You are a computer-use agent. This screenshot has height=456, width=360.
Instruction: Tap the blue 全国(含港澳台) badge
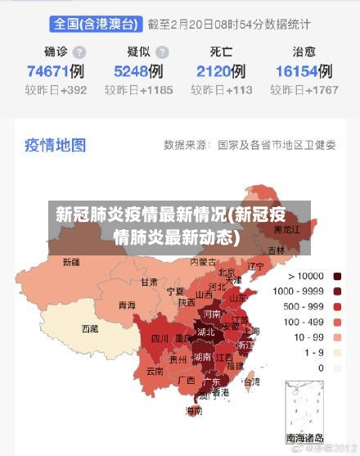96,25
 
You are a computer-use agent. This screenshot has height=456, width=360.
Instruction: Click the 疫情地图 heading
55,145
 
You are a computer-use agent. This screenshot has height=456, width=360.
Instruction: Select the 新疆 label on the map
71,262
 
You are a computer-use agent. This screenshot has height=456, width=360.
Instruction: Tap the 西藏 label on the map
90,328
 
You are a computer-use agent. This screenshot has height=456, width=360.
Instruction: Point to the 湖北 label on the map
205,332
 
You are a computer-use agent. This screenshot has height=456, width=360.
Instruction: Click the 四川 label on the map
160,338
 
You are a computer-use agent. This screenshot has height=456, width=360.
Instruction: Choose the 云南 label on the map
155,370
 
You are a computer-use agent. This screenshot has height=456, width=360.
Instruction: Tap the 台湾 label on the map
252,382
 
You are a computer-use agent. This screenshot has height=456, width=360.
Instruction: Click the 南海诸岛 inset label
304,438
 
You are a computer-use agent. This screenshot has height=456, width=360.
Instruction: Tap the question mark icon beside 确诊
79,52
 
